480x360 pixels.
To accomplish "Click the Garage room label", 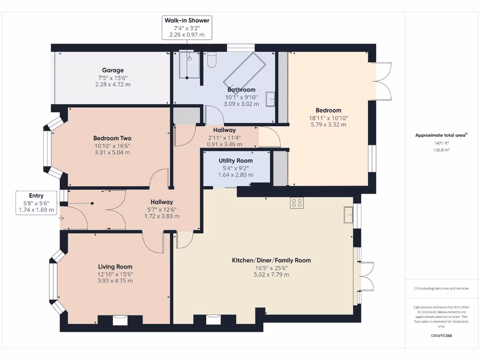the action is (x=112, y=70).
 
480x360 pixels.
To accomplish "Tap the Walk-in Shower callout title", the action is (x=187, y=21).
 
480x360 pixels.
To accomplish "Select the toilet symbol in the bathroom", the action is (x=212, y=60).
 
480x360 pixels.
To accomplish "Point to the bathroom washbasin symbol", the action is (x=270, y=99).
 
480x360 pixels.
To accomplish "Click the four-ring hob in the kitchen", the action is (x=297, y=202).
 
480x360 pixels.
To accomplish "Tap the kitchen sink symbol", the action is (x=348, y=215).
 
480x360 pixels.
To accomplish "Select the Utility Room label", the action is (x=236, y=161).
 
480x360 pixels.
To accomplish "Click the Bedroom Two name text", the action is (x=112, y=138).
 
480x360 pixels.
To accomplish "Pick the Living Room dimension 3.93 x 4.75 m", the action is (x=115, y=281).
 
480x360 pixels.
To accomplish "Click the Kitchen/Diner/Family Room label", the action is (x=271, y=261).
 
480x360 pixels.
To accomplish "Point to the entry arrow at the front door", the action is (x=61, y=218).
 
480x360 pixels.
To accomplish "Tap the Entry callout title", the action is (x=36, y=195).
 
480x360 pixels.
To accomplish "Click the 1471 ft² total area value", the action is (x=442, y=143).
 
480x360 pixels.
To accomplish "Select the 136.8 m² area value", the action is (x=442, y=150).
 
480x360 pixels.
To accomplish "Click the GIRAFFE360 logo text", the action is (x=442, y=336).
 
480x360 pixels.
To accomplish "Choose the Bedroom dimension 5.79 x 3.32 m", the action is (x=329, y=125).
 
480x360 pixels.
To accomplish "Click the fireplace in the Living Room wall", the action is (x=120, y=320).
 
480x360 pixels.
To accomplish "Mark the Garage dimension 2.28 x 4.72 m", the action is (x=112, y=84).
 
